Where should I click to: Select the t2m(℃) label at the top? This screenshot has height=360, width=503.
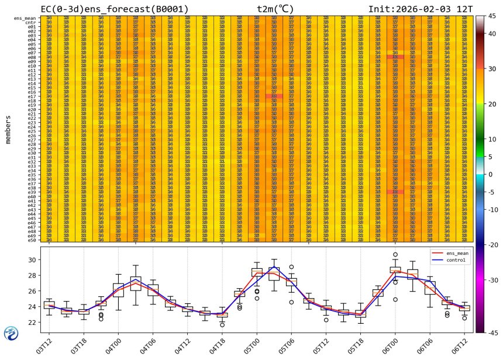(278, 9)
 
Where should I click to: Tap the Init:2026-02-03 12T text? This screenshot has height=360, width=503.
(421, 9)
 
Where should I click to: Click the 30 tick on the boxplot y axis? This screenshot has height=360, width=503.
(35, 259)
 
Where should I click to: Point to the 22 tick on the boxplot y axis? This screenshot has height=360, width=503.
(35, 322)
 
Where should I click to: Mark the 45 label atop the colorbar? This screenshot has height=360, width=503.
(493, 16)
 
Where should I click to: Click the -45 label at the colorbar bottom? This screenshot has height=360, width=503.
(492, 333)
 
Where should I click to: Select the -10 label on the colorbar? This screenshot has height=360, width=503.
(492, 210)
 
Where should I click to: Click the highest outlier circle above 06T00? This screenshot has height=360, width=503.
(395, 255)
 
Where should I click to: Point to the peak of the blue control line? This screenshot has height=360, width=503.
(274, 267)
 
